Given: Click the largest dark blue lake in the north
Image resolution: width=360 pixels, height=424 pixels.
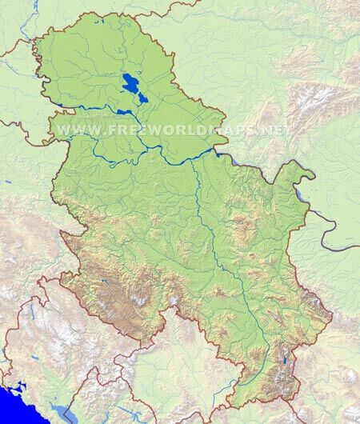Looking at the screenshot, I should (129, 81).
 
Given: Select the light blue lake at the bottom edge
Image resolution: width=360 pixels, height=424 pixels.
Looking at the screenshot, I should (64, 414).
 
